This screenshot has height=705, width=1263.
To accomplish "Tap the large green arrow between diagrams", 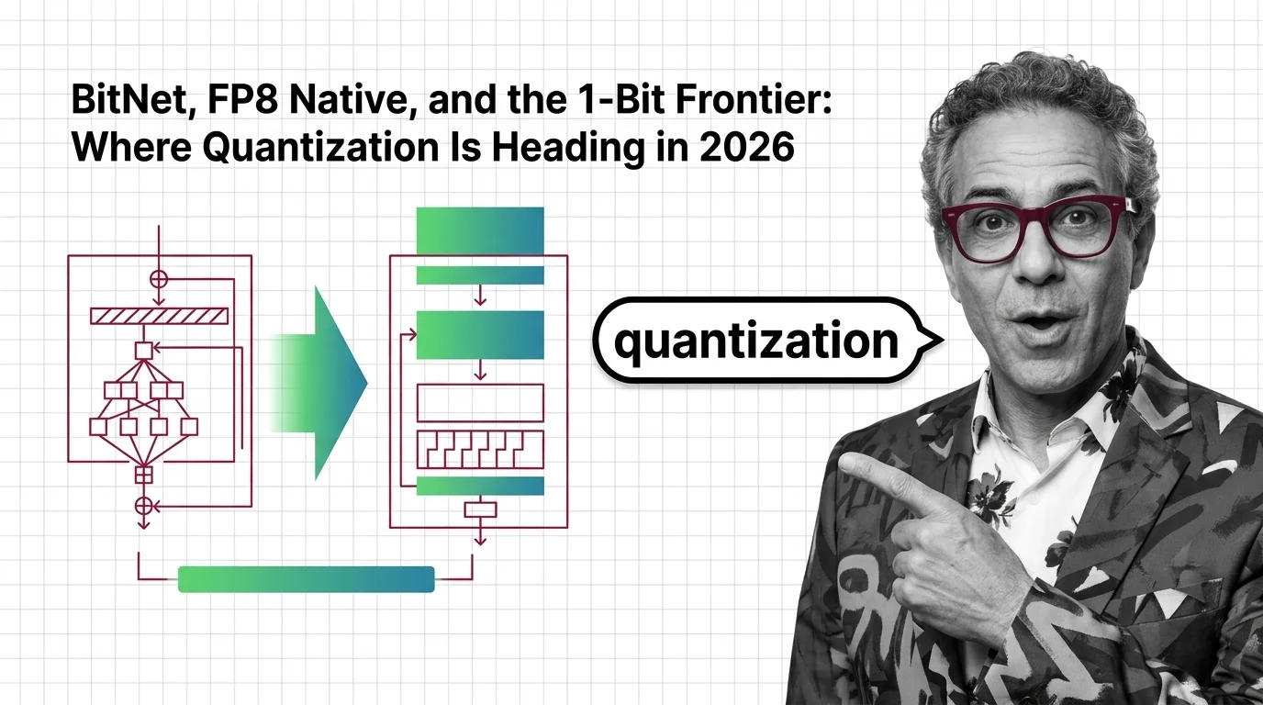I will click(x=330, y=382).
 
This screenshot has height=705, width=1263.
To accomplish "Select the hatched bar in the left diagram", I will click(x=159, y=316).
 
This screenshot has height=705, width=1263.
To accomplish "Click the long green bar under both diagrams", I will click(x=306, y=579).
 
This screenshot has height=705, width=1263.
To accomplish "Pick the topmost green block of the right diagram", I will click(x=480, y=230).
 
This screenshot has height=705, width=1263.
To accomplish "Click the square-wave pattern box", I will click(x=480, y=449).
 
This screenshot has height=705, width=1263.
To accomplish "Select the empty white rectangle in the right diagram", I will click(x=480, y=402).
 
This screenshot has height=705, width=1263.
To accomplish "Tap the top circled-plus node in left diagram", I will click(x=159, y=277).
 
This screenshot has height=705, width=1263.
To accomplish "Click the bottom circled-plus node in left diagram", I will click(x=143, y=504).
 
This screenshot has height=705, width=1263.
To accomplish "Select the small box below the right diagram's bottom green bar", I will click(x=480, y=509).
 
